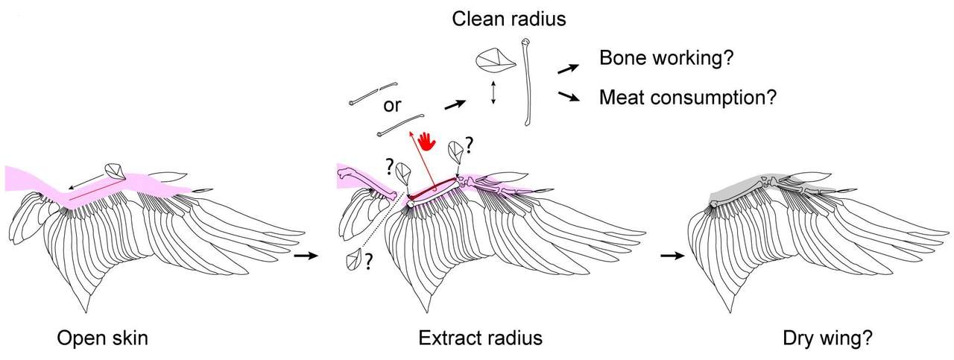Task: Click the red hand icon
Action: (x=427, y=142)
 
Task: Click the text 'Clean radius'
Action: (x=509, y=19)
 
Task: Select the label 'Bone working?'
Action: (x=666, y=58)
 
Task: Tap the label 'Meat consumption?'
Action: (x=688, y=98)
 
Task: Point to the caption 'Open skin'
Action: (x=103, y=338)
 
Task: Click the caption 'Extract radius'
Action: (x=481, y=338)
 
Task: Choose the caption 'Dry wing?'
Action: (x=827, y=338)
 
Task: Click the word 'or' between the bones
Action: (x=392, y=105)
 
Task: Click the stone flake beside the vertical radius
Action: (x=496, y=60)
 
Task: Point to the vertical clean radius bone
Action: (x=527, y=82)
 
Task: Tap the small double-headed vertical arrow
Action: (x=493, y=92)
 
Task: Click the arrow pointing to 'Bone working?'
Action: (x=568, y=69)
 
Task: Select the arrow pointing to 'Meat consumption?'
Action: (x=569, y=96)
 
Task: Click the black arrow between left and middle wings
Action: (x=306, y=256)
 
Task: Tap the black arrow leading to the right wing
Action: (x=673, y=256)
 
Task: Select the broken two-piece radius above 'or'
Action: (x=373, y=93)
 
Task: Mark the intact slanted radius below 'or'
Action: (x=400, y=124)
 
